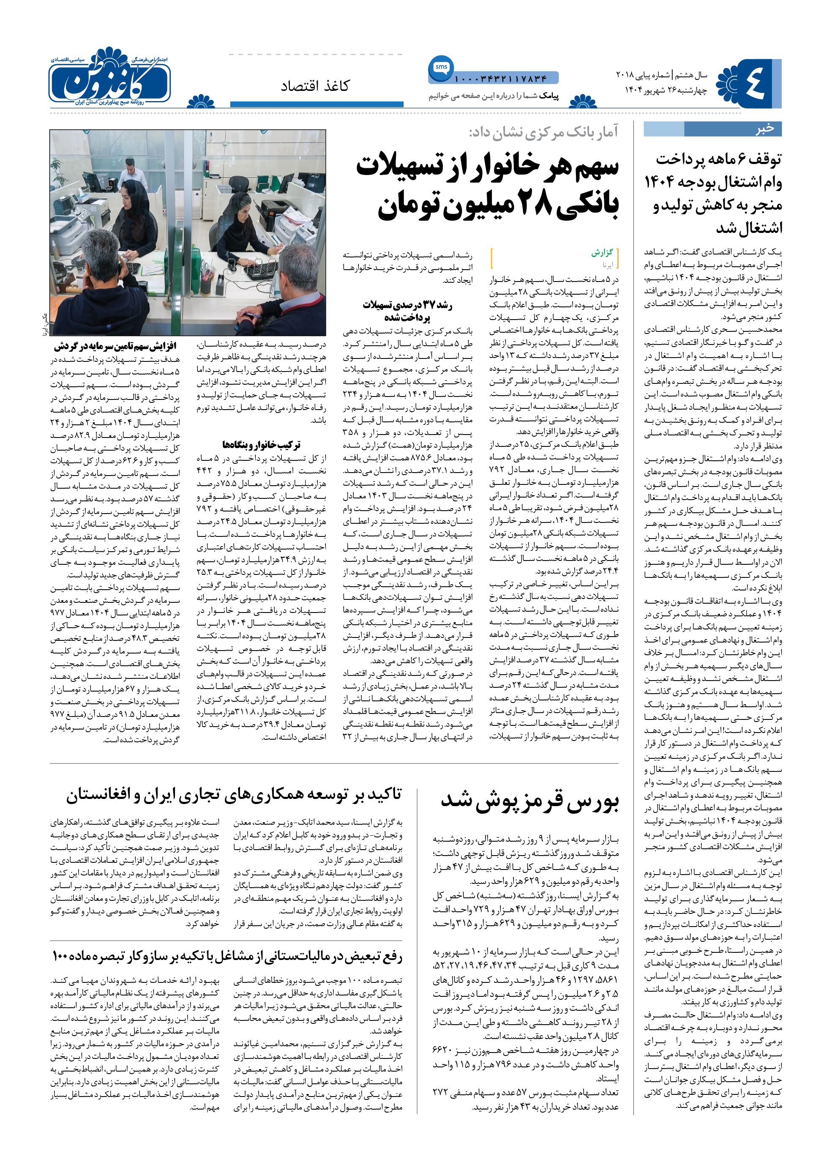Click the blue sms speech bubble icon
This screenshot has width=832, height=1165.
441,68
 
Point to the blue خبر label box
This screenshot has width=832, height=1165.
712,129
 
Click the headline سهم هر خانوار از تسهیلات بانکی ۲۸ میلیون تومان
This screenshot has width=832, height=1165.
488,185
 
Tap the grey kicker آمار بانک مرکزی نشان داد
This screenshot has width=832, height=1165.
543,133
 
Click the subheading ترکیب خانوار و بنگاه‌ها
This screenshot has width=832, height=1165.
261,444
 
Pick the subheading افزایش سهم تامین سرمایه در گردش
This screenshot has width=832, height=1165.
115,346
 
